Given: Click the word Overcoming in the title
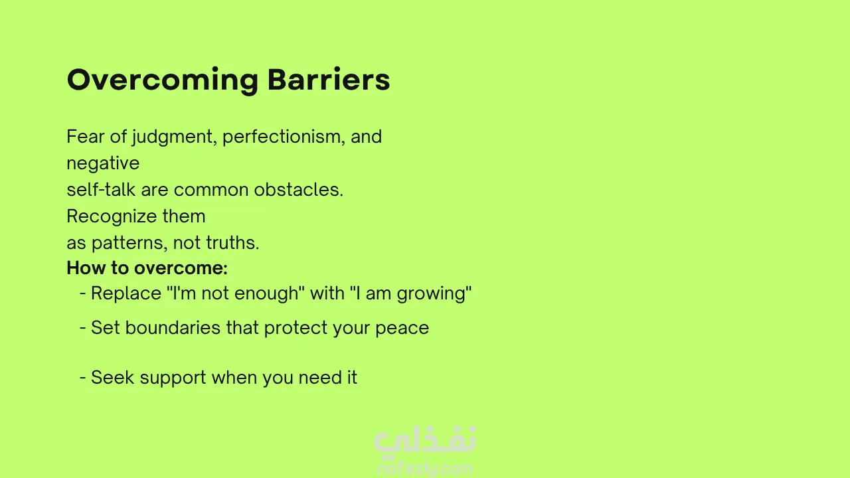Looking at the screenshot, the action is click(163, 80).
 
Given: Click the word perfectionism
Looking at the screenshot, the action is click(284, 137).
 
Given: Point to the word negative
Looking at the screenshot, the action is click(103, 163).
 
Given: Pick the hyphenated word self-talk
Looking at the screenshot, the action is click(101, 189).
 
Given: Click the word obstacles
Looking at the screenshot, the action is click(298, 189).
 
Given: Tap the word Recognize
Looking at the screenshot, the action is click(112, 216).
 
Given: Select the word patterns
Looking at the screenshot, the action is click(129, 243).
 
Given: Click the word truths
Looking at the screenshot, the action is click(232, 243).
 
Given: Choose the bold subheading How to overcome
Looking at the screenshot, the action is click(147, 268).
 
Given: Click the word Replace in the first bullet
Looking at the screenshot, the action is click(126, 293).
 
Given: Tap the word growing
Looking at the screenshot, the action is click(432, 294).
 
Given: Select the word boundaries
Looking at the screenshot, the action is click(173, 327).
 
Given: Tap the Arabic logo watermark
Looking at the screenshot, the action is click(424, 439).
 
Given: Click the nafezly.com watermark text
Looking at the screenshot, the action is click(425, 469).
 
